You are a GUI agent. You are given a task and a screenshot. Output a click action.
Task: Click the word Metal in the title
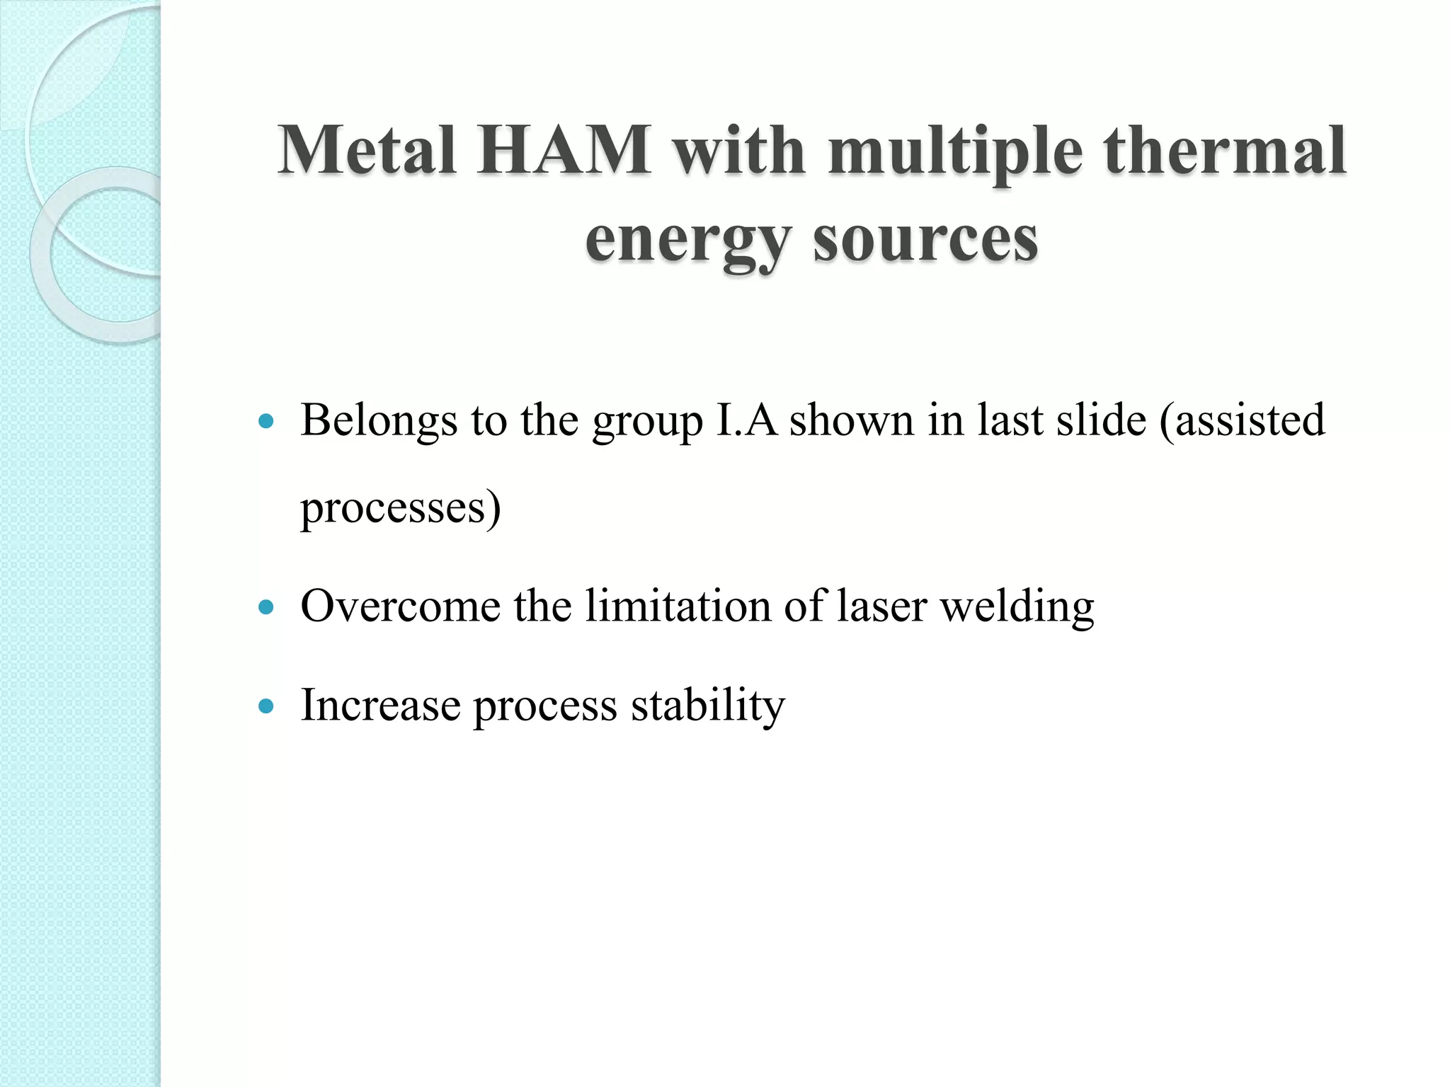(366, 150)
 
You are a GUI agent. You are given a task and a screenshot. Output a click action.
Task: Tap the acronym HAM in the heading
(563, 150)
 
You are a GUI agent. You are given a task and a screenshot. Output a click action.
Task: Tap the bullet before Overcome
(266, 607)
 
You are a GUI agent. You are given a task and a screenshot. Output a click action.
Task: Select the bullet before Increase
(266, 706)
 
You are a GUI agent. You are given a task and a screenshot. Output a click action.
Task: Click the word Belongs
(379, 421)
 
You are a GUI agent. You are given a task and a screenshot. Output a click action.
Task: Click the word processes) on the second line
(401, 508)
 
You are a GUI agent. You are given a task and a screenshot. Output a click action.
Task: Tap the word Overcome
(400, 606)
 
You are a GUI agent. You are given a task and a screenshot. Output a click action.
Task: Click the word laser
(881, 606)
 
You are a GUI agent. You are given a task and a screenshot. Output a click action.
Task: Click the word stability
(707, 706)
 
